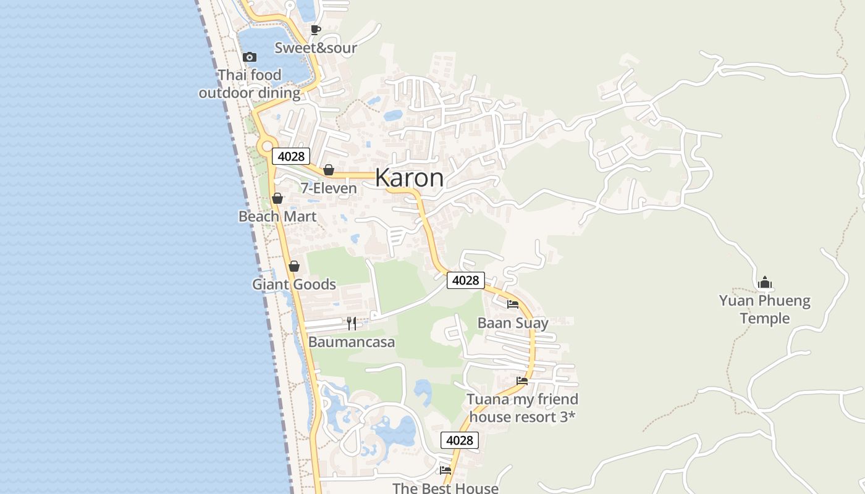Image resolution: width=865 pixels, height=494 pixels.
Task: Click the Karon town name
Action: (x=409, y=178)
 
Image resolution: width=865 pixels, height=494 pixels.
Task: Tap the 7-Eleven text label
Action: (x=329, y=188)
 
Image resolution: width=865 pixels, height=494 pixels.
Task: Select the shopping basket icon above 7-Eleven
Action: (x=329, y=170)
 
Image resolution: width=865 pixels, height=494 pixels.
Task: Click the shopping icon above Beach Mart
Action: (x=277, y=198)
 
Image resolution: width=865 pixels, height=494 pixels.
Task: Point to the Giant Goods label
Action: (x=294, y=285)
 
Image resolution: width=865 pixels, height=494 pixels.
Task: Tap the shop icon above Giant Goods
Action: (x=294, y=266)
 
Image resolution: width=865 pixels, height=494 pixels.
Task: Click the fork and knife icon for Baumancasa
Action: (x=352, y=323)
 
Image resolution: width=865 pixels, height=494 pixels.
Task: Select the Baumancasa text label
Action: (x=352, y=342)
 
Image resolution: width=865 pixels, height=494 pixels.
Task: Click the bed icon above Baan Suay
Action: (x=513, y=304)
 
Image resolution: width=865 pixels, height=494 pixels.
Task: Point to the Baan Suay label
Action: (x=513, y=323)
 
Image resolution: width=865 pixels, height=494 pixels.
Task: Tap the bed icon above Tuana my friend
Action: (x=522, y=380)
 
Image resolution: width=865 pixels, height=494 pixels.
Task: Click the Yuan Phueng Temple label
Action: (x=765, y=309)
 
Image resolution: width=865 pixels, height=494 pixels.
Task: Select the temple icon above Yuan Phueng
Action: (x=765, y=283)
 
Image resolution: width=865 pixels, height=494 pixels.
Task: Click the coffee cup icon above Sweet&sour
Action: (x=316, y=30)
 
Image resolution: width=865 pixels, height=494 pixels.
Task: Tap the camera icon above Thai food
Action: (x=250, y=57)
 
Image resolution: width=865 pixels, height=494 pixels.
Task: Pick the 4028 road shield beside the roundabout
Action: (x=290, y=156)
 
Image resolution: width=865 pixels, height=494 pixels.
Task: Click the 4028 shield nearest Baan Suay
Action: (x=465, y=280)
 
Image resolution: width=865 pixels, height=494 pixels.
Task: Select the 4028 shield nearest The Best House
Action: (x=459, y=440)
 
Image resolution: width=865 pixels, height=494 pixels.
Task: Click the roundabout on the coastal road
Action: (x=267, y=147)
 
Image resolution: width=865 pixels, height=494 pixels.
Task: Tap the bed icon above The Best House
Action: (x=445, y=471)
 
